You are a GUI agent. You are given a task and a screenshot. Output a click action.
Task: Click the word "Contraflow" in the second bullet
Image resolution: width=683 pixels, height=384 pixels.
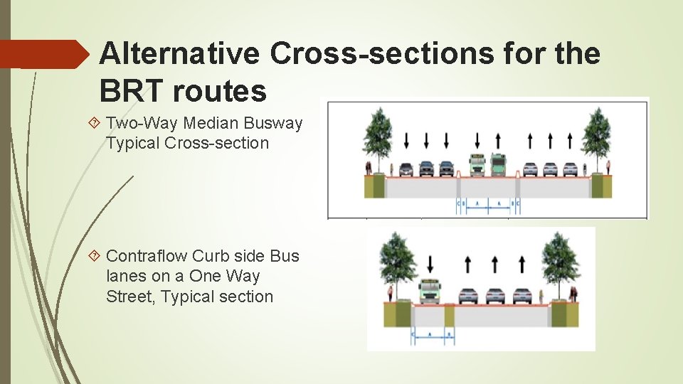[x=147, y=256]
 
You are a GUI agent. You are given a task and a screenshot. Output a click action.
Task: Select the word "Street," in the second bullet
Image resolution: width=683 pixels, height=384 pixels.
[x=131, y=297]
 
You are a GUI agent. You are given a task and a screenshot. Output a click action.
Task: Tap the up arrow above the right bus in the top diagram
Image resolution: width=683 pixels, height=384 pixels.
[x=498, y=139]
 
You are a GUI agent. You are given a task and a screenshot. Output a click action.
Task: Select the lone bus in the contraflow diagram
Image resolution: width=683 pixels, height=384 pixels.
[x=430, y=291]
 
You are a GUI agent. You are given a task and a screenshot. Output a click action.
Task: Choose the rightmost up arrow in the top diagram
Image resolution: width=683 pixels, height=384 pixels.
[x=571, y=139]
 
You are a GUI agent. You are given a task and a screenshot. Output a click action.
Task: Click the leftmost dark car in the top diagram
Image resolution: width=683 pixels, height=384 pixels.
[x=406, y=169]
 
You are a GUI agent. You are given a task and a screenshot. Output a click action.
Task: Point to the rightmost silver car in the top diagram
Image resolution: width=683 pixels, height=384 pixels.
[x=571, y=169]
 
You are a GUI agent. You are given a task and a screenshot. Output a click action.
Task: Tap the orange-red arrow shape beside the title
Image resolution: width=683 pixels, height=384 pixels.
[x=43, y=54]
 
